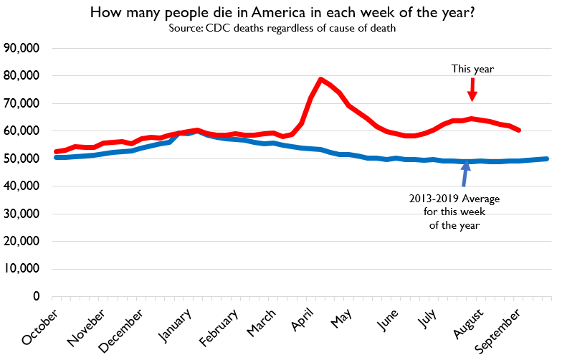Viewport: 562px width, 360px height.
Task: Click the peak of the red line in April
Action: (x=321, y=80)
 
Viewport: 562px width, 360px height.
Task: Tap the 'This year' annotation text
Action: (x=472, y=69)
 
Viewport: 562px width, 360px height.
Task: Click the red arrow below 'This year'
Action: (x=472, y=90)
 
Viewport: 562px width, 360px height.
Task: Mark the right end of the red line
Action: (x=518, y=130)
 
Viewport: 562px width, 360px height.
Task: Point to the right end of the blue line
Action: (x=548, y=158)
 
